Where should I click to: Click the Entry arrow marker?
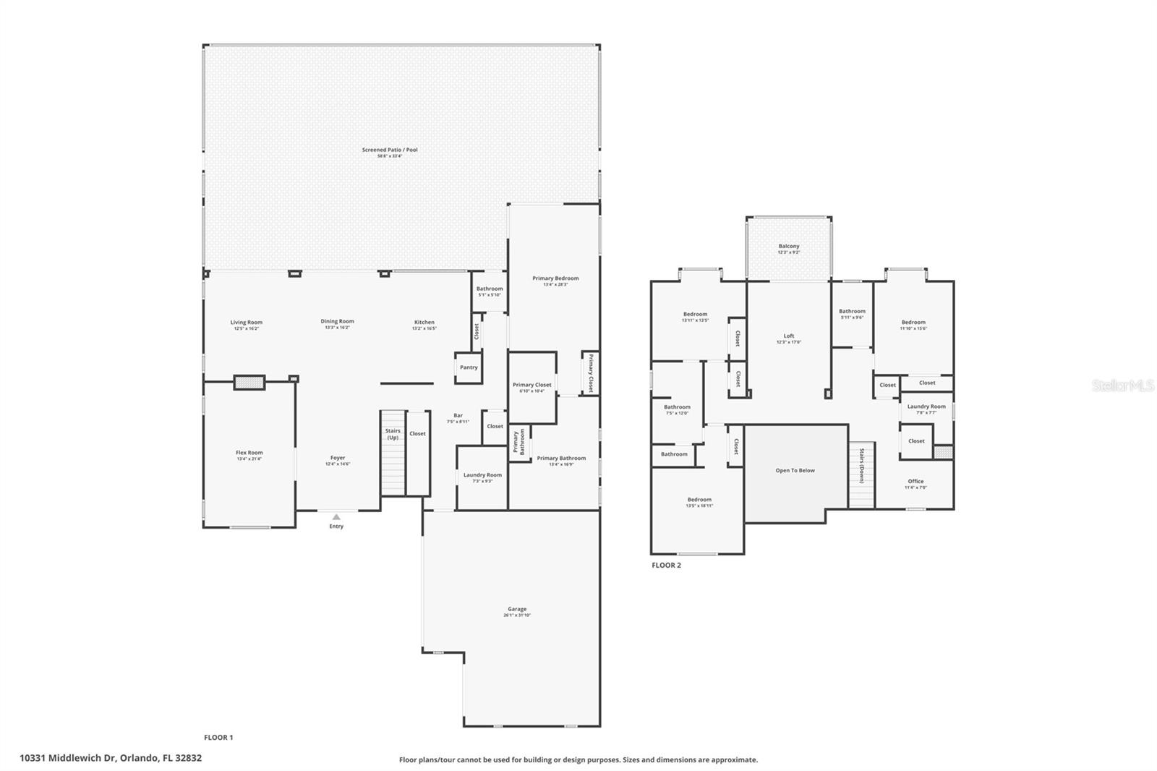pyautogui.click(x=336, y=516)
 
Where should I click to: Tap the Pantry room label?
pyautogui.click(x=469, y=367)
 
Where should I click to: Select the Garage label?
pyautogui.click(x=517, y=610)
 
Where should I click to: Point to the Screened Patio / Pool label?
pyautogui.click(x=390, y=150)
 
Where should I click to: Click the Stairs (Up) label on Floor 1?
pyautogui.click(x=393, y=434)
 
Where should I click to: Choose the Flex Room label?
pyautogui.click(x=249, y=453)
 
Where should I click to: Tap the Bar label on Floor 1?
pyautogui.click(x=458, y=416)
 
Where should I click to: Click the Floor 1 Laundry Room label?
pyautogui.click(x=482, y=476)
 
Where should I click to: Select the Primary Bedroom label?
pyautogui.click(x=555, y=278)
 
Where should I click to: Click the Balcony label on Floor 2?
pyautogui.click(x=789, y=247)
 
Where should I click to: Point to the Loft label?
pyautogui.click(x=789, y=336)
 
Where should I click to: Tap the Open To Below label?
pyautogui.click(x=795, y=471)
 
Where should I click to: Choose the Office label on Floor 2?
pyautogui.click(x=915, y=482)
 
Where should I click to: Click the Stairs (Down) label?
pyautogui.click(x=862, y=465)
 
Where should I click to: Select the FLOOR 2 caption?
pyautogui.click(x=666, y=566)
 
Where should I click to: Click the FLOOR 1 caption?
pyautogui.click(x=218, y=738)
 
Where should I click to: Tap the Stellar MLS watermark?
pyautogui.click(x=1122, y=386)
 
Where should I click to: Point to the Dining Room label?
pyautogui.click(x=338, y=322)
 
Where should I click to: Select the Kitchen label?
pyautogui.click(x=424, y=323)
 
